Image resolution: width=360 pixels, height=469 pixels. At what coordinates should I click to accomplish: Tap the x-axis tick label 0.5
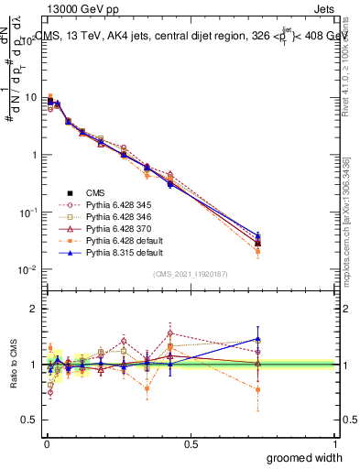(190, 443)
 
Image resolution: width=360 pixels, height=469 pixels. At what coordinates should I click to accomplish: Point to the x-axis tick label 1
(334, 443)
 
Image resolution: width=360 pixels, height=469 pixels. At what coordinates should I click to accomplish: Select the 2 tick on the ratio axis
(36, 309)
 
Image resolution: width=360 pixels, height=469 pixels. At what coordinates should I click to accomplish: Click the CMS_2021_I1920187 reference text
(190, 272)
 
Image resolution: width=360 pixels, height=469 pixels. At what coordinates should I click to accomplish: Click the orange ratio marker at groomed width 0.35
(147, 388)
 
